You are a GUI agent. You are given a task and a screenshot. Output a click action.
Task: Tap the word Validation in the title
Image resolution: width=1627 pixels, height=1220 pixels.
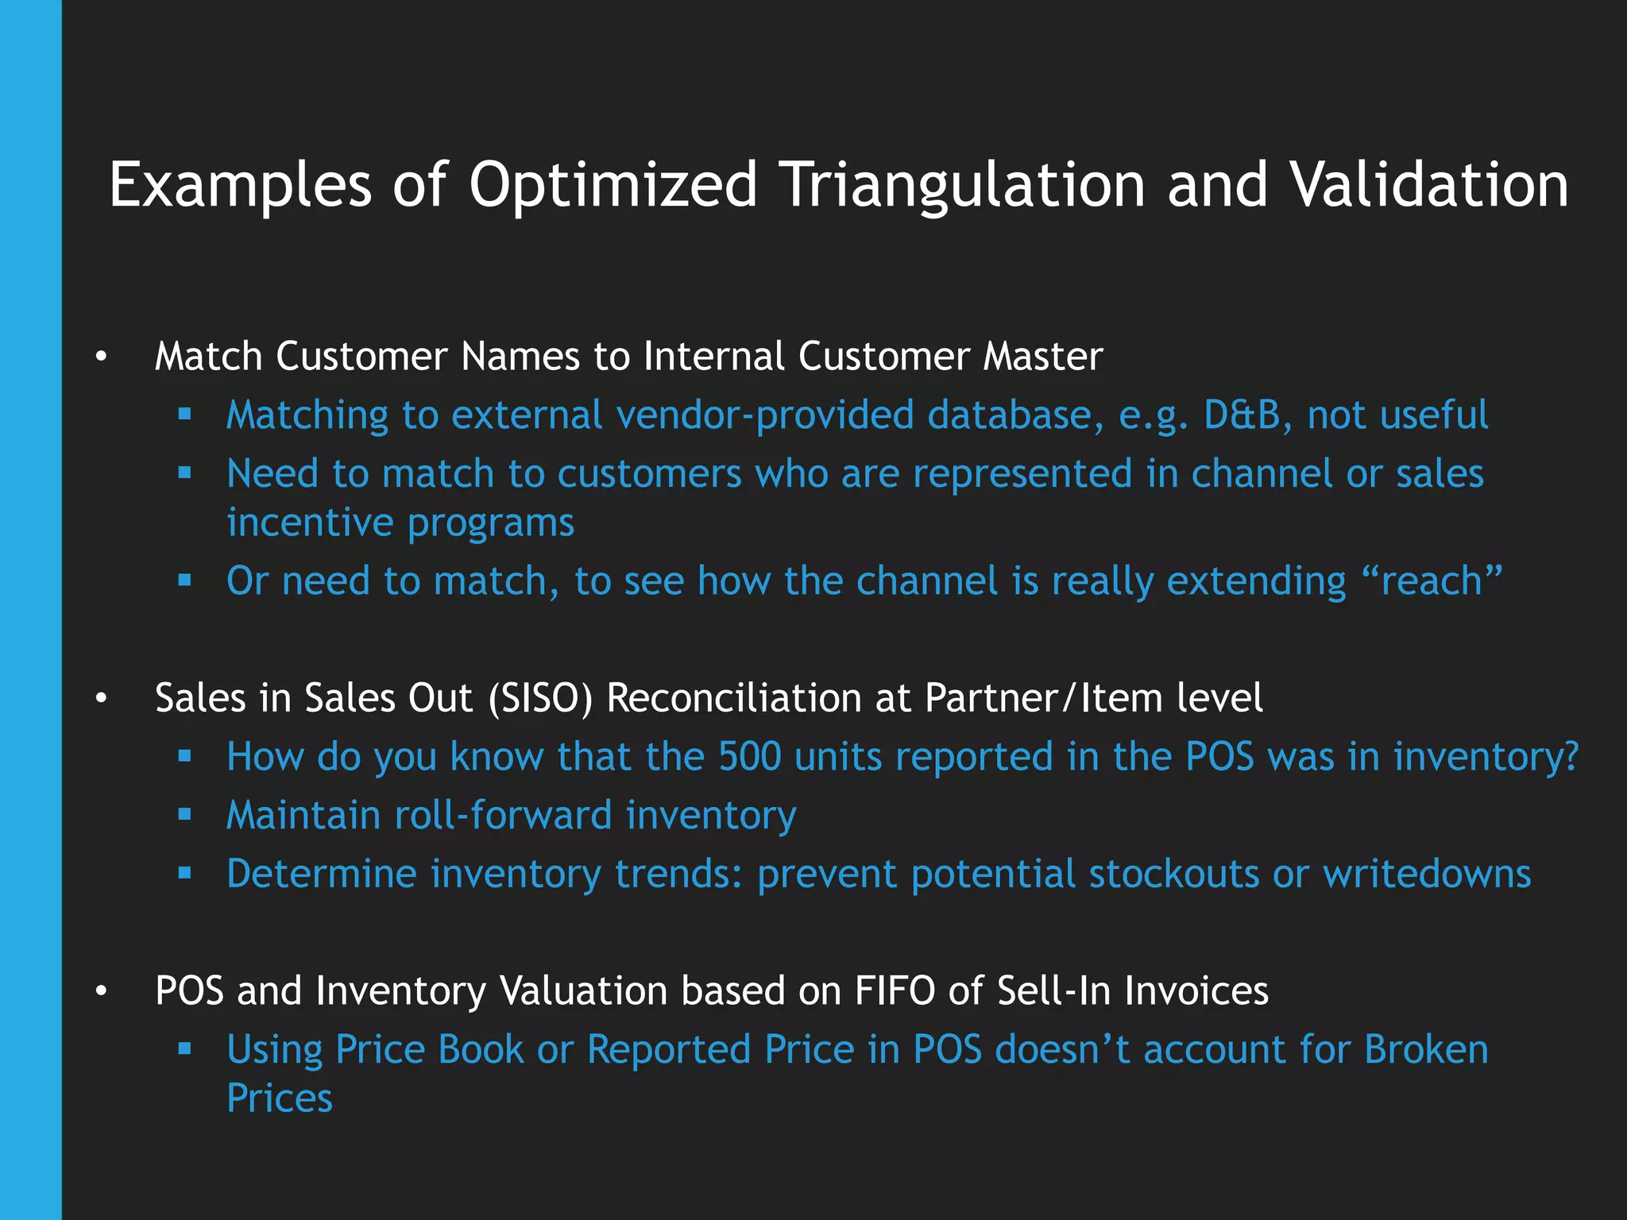tap(1428, 185)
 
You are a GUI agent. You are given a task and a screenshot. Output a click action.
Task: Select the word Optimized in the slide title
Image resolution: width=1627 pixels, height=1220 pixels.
tap(613, 185)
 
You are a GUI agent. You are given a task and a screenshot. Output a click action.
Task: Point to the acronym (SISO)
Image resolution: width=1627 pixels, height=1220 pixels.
tap(540, 698)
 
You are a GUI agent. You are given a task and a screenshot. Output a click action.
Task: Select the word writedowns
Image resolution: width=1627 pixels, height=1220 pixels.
tap(1427, 874)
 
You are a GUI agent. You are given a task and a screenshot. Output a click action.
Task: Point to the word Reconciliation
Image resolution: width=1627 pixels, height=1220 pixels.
tap(734, 698)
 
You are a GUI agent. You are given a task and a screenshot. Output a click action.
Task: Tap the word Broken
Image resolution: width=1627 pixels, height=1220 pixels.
tap(1426, 1049)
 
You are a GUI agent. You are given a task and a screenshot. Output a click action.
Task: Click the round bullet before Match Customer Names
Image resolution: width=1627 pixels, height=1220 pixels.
tap(100, 357)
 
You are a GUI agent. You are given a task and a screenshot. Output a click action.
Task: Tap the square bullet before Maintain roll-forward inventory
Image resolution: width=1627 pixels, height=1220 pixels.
tap(185, 814)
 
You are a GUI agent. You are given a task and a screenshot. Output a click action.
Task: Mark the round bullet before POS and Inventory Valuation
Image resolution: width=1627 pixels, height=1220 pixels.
tap(100, 992)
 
